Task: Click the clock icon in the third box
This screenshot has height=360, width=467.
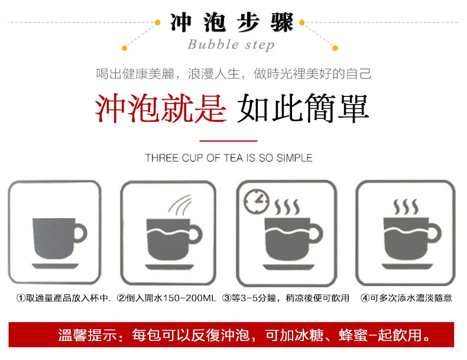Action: pos(257,202)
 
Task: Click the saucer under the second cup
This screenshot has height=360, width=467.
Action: pos(170,267)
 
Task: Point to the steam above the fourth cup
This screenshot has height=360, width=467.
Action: pos(406,207)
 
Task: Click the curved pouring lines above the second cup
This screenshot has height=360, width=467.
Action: pos(180,206)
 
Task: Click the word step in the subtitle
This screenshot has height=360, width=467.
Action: pos(260,46)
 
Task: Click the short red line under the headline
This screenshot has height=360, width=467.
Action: pos(228,141)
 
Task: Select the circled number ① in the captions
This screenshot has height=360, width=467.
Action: pos(21,298)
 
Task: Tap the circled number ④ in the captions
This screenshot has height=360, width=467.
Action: pos(365,298)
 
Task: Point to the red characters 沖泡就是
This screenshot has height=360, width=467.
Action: pos(161,108)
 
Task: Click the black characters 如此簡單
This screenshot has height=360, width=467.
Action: pos(303,108)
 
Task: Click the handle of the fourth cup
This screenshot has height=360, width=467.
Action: pos(436,232)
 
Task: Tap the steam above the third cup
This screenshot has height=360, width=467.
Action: pos(287,207)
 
